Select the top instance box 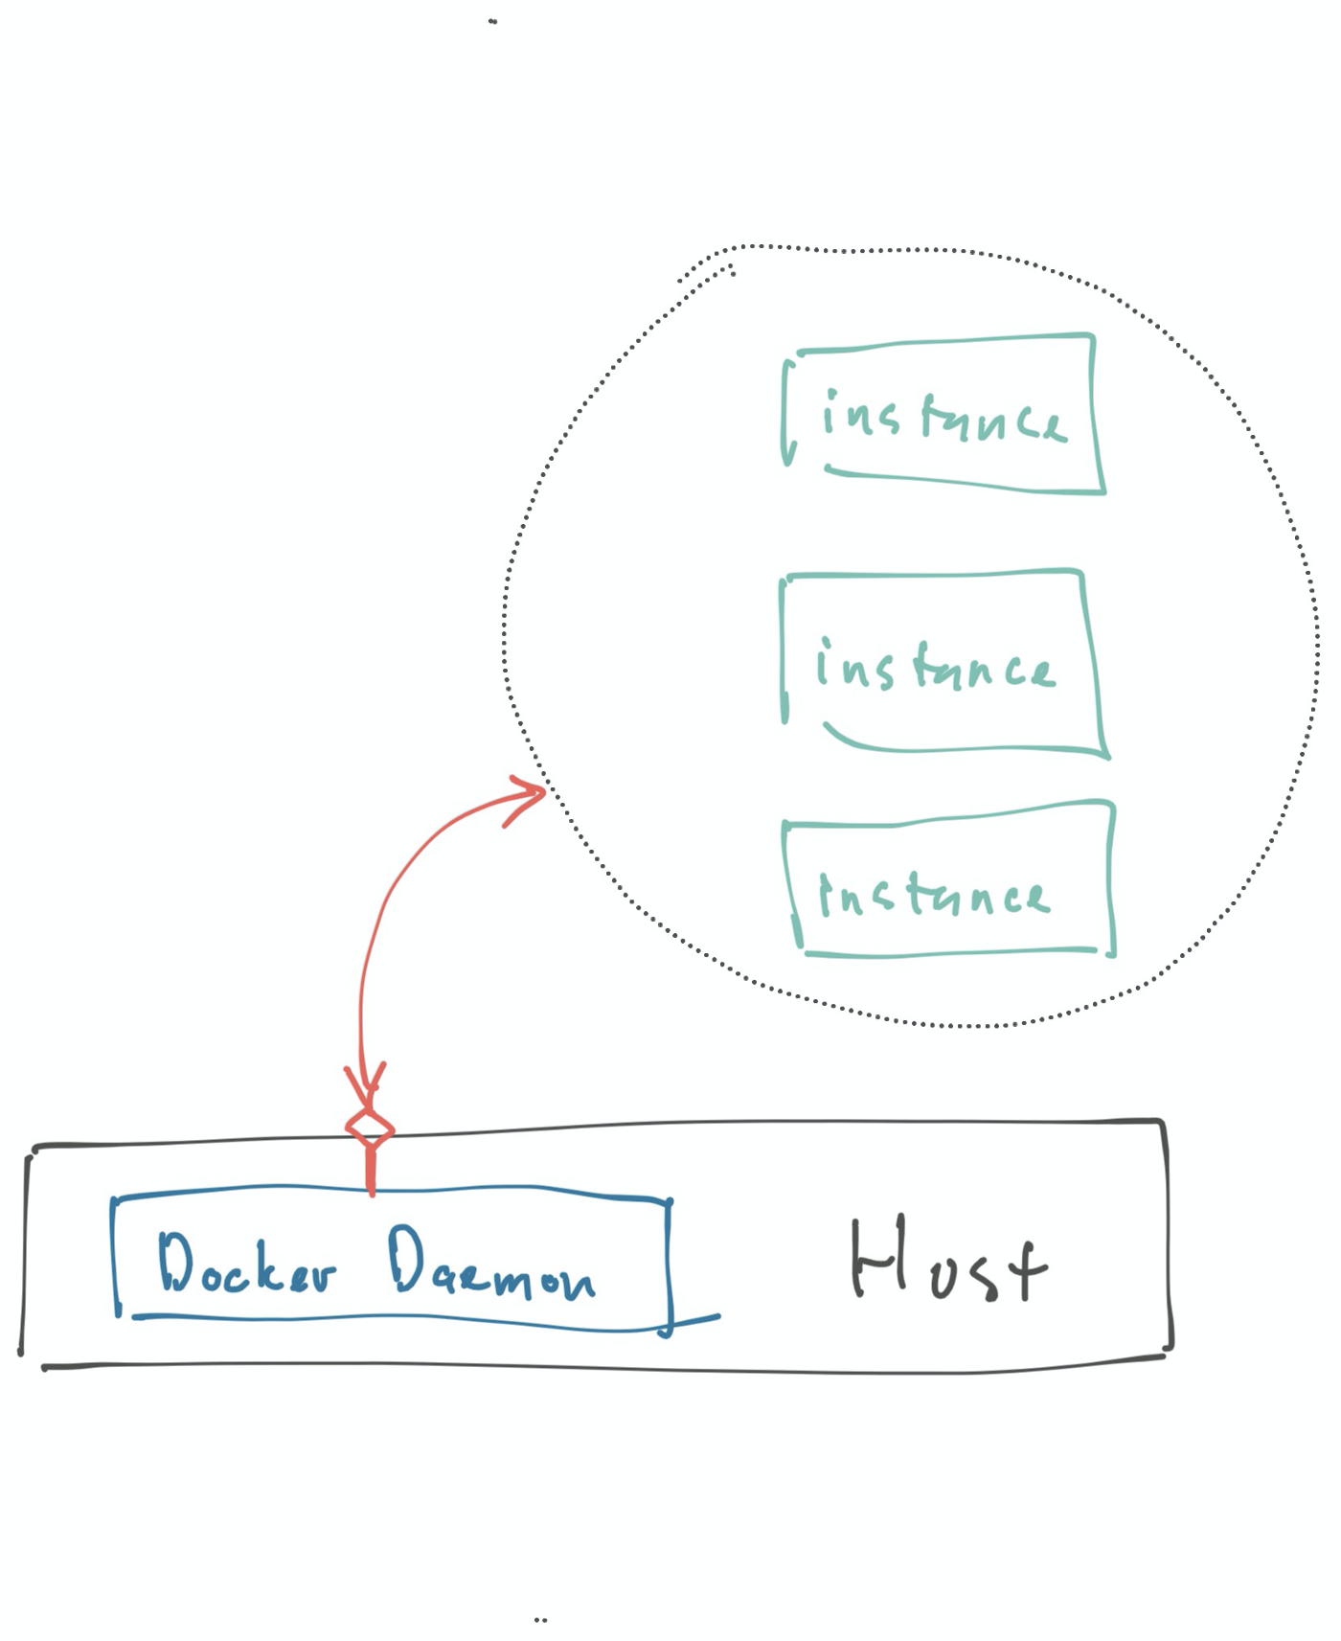pyautogui.click(x=943, y=415)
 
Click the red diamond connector pyautogui.click(x=370, y=1128)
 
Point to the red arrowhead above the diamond pyautogui.click(x=367, y=1083)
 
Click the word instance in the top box pyautogui.click(x=943, y=419)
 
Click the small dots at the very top pyautogui.click(x=492, y=21)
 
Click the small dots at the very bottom pyautogui.click(x=540, y=1620)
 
